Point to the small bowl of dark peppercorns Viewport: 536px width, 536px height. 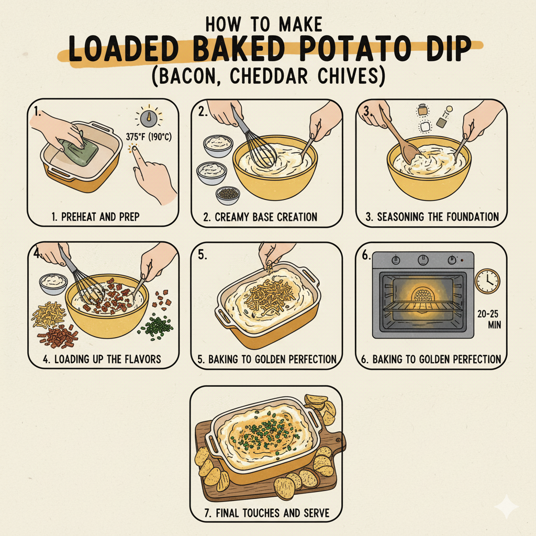click(x=228, y=194)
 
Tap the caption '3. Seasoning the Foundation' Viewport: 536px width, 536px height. click(x=431, y=217)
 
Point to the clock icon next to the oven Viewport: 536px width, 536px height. click(x=487, y=282)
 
